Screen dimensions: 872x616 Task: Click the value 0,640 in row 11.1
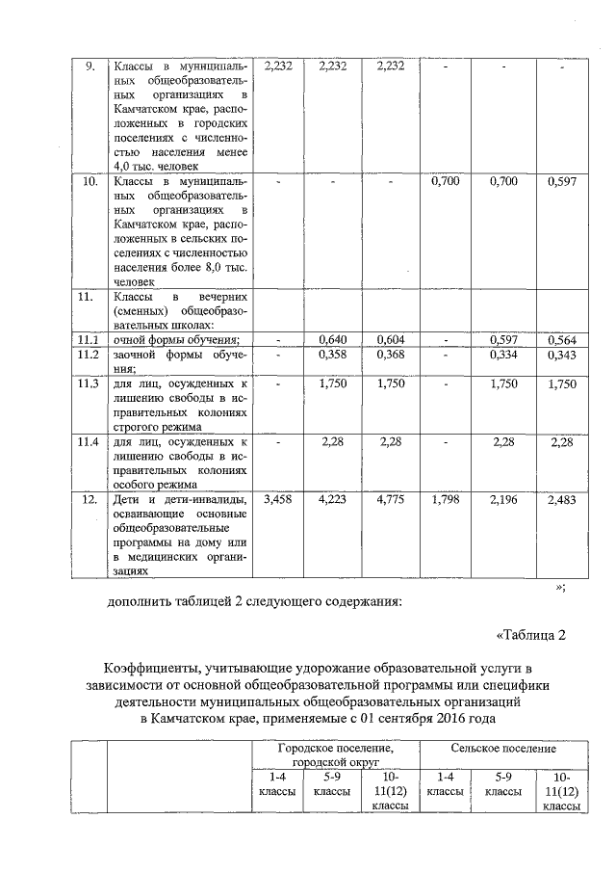point(331,339)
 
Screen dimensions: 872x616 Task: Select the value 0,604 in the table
point(391,339)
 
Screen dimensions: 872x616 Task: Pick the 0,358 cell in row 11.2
point(331,356)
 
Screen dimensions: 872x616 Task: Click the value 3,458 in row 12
point(277,500)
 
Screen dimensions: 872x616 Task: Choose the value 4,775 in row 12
point(391,500)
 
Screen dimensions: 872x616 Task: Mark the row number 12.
point(89,500)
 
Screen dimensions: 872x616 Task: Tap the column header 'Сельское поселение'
point(504,748)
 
